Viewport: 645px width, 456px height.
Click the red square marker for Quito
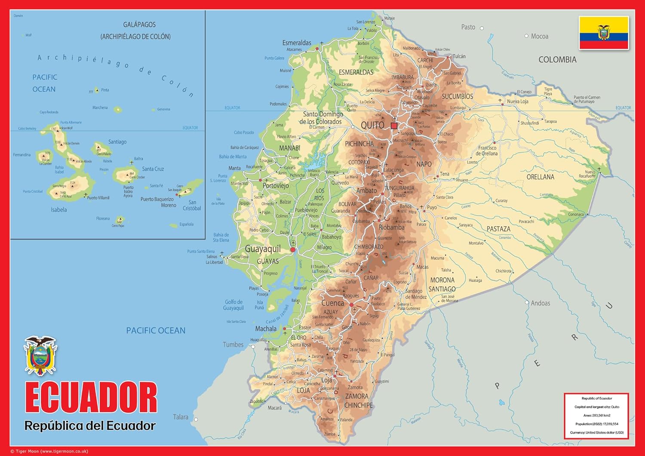click(394, 125)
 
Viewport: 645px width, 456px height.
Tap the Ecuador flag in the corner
click(604, 33)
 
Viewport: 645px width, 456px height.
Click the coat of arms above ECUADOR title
click(40, 356)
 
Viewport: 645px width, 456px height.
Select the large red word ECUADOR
click(91, 398)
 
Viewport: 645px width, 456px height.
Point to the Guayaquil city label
click(263, 249)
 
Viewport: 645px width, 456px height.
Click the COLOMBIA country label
click(557, 60)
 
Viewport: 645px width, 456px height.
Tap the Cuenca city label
click(332, 303)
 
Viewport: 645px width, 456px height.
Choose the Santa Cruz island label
click(153, 169)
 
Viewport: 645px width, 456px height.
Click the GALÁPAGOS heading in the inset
click(139, 25)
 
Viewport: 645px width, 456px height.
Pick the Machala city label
click(266, 329)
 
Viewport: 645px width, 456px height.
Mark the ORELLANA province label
click(540, 177)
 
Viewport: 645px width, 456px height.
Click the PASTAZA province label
click(498, 229)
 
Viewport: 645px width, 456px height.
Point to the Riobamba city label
click(391, 227)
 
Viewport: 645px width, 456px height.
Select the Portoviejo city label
click(276, 186)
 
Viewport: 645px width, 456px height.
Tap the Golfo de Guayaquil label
click(233, 305)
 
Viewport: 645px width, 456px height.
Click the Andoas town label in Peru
click(540, 303)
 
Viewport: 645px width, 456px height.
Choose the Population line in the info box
click(596, 424)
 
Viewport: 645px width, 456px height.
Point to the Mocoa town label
click(539, 37)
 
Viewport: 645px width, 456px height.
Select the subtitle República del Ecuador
click(90, 425)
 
